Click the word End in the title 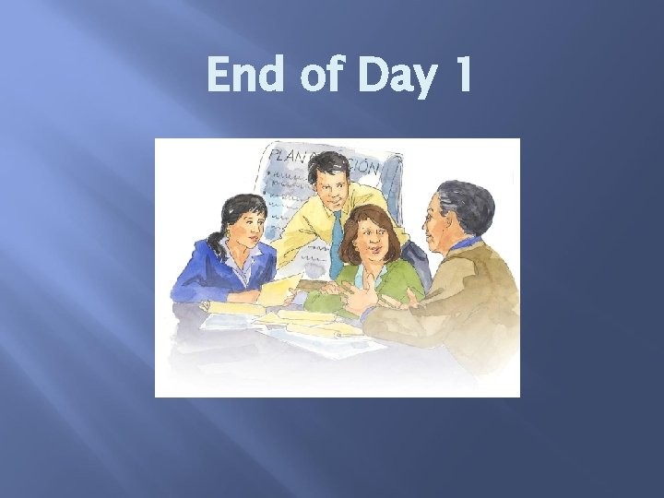(247, 76)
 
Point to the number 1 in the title (458, 76)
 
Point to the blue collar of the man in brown (466, 245)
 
